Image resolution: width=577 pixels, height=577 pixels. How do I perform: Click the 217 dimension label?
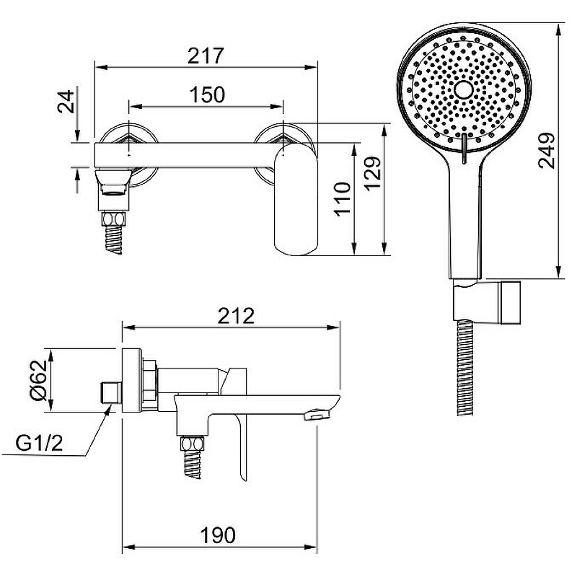[x=206, y=56]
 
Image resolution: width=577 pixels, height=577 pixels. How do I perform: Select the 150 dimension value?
[x=207, y=95]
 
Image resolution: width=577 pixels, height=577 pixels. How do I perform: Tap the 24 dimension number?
[x=66, y=102]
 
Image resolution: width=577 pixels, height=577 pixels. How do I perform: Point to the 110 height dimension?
[x=342, y=199]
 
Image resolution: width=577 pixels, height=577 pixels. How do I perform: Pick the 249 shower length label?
[x=546, y=150]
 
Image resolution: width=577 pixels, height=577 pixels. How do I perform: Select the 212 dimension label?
[x=236, y=316]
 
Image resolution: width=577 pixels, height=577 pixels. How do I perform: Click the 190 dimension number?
[x=218, y=535]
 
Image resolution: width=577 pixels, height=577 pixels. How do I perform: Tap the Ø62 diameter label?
[x=39, y=380]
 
